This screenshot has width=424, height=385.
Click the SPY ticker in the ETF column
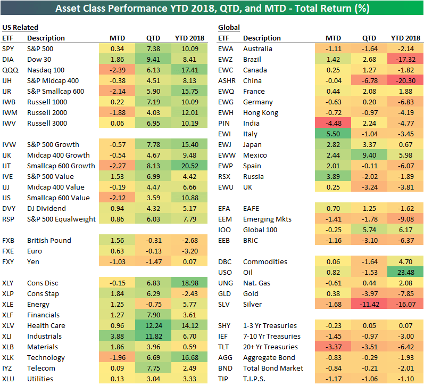coord(9,48)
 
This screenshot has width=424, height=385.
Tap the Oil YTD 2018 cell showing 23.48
coord(402,272)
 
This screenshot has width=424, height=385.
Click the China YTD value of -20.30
coord(402,80)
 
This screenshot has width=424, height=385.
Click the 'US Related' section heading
coord(20,27)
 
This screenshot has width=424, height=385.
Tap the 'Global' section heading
coord(229,27)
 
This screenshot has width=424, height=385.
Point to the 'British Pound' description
coord(49,240)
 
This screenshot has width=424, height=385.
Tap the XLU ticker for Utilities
coord(9,379)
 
